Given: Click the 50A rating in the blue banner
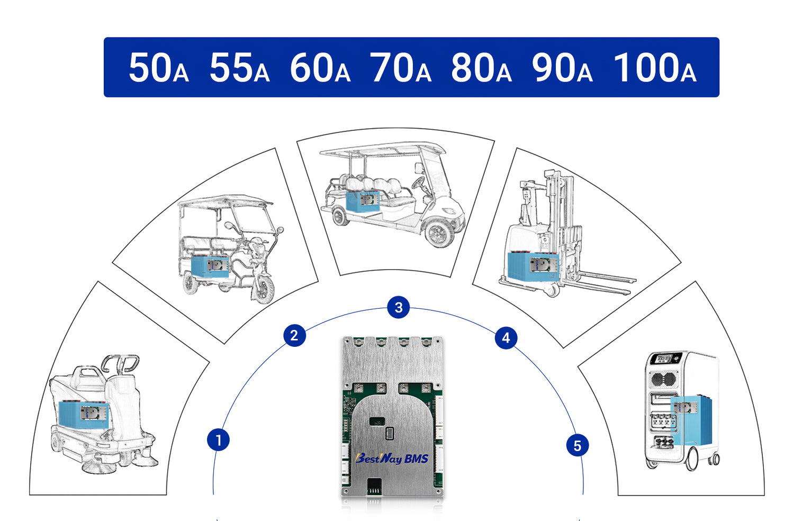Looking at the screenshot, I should tap(158, 68).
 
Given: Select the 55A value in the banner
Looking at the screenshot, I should tap(239, 68).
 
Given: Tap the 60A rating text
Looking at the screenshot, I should tap(320, 68).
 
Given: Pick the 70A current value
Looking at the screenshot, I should tap(401, 68).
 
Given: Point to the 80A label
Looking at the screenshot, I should tap(481, 68).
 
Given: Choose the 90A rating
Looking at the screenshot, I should tap(562, 68).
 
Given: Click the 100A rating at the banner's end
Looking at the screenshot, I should tap(655, 68).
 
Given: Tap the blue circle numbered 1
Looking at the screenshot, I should tap(218, 440).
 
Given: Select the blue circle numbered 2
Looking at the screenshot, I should tap(294, 336).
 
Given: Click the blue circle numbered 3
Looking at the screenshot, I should tap(399, 307).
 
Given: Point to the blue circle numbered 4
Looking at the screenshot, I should tap(506, 338).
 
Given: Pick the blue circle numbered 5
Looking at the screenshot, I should tap(577, 446).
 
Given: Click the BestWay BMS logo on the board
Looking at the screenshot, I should tap(392, 459).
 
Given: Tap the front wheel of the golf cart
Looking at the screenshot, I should tap(439, 233).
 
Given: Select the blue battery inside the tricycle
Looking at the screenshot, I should tap(210, 266).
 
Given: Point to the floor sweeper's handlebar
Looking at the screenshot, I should tap(121, 363).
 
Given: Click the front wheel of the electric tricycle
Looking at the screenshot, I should tap(263, 289).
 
